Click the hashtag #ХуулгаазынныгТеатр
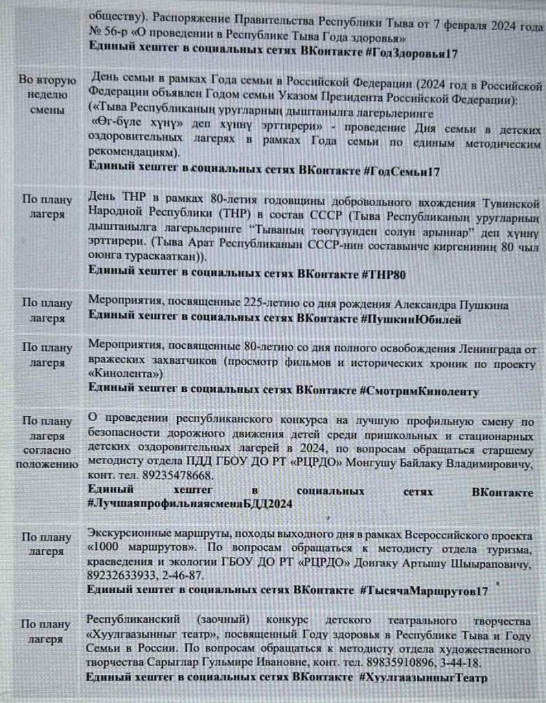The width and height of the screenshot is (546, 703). [422, 678]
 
